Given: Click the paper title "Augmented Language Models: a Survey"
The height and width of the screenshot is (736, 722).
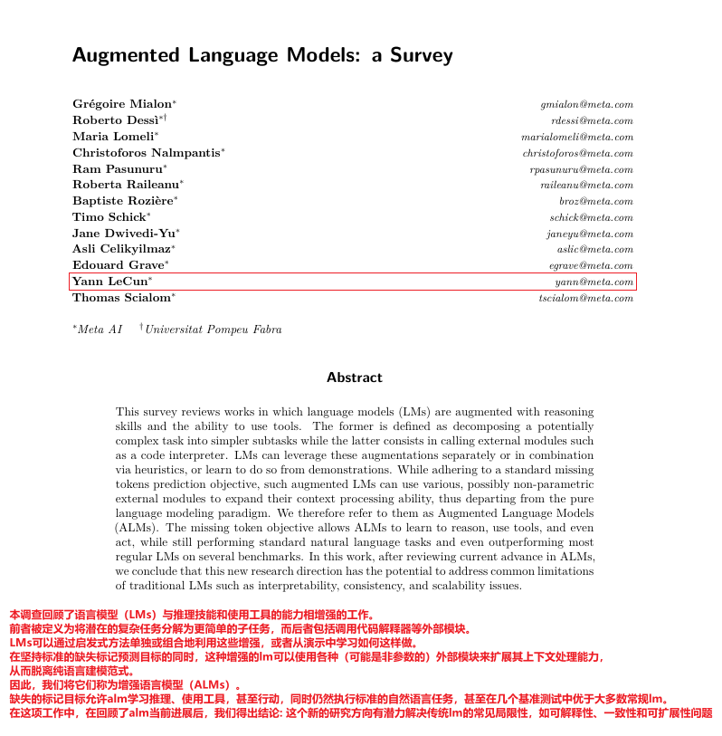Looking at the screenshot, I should coord(262,55).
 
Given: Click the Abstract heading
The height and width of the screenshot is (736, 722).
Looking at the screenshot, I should coord(355,378).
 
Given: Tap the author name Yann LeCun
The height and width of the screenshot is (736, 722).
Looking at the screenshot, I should coord(110,282).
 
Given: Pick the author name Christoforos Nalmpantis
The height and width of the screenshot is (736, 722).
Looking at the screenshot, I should coord(147,153).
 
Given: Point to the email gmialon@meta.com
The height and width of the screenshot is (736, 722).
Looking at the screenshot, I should coord(586,104).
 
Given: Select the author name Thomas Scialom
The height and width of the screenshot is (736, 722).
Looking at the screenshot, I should coord(121,298).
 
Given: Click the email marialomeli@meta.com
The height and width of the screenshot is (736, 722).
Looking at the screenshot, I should coord(577,137).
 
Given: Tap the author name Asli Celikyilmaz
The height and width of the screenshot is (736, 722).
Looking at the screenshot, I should coord(121,249).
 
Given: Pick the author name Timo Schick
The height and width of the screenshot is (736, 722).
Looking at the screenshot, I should coord(109,217).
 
